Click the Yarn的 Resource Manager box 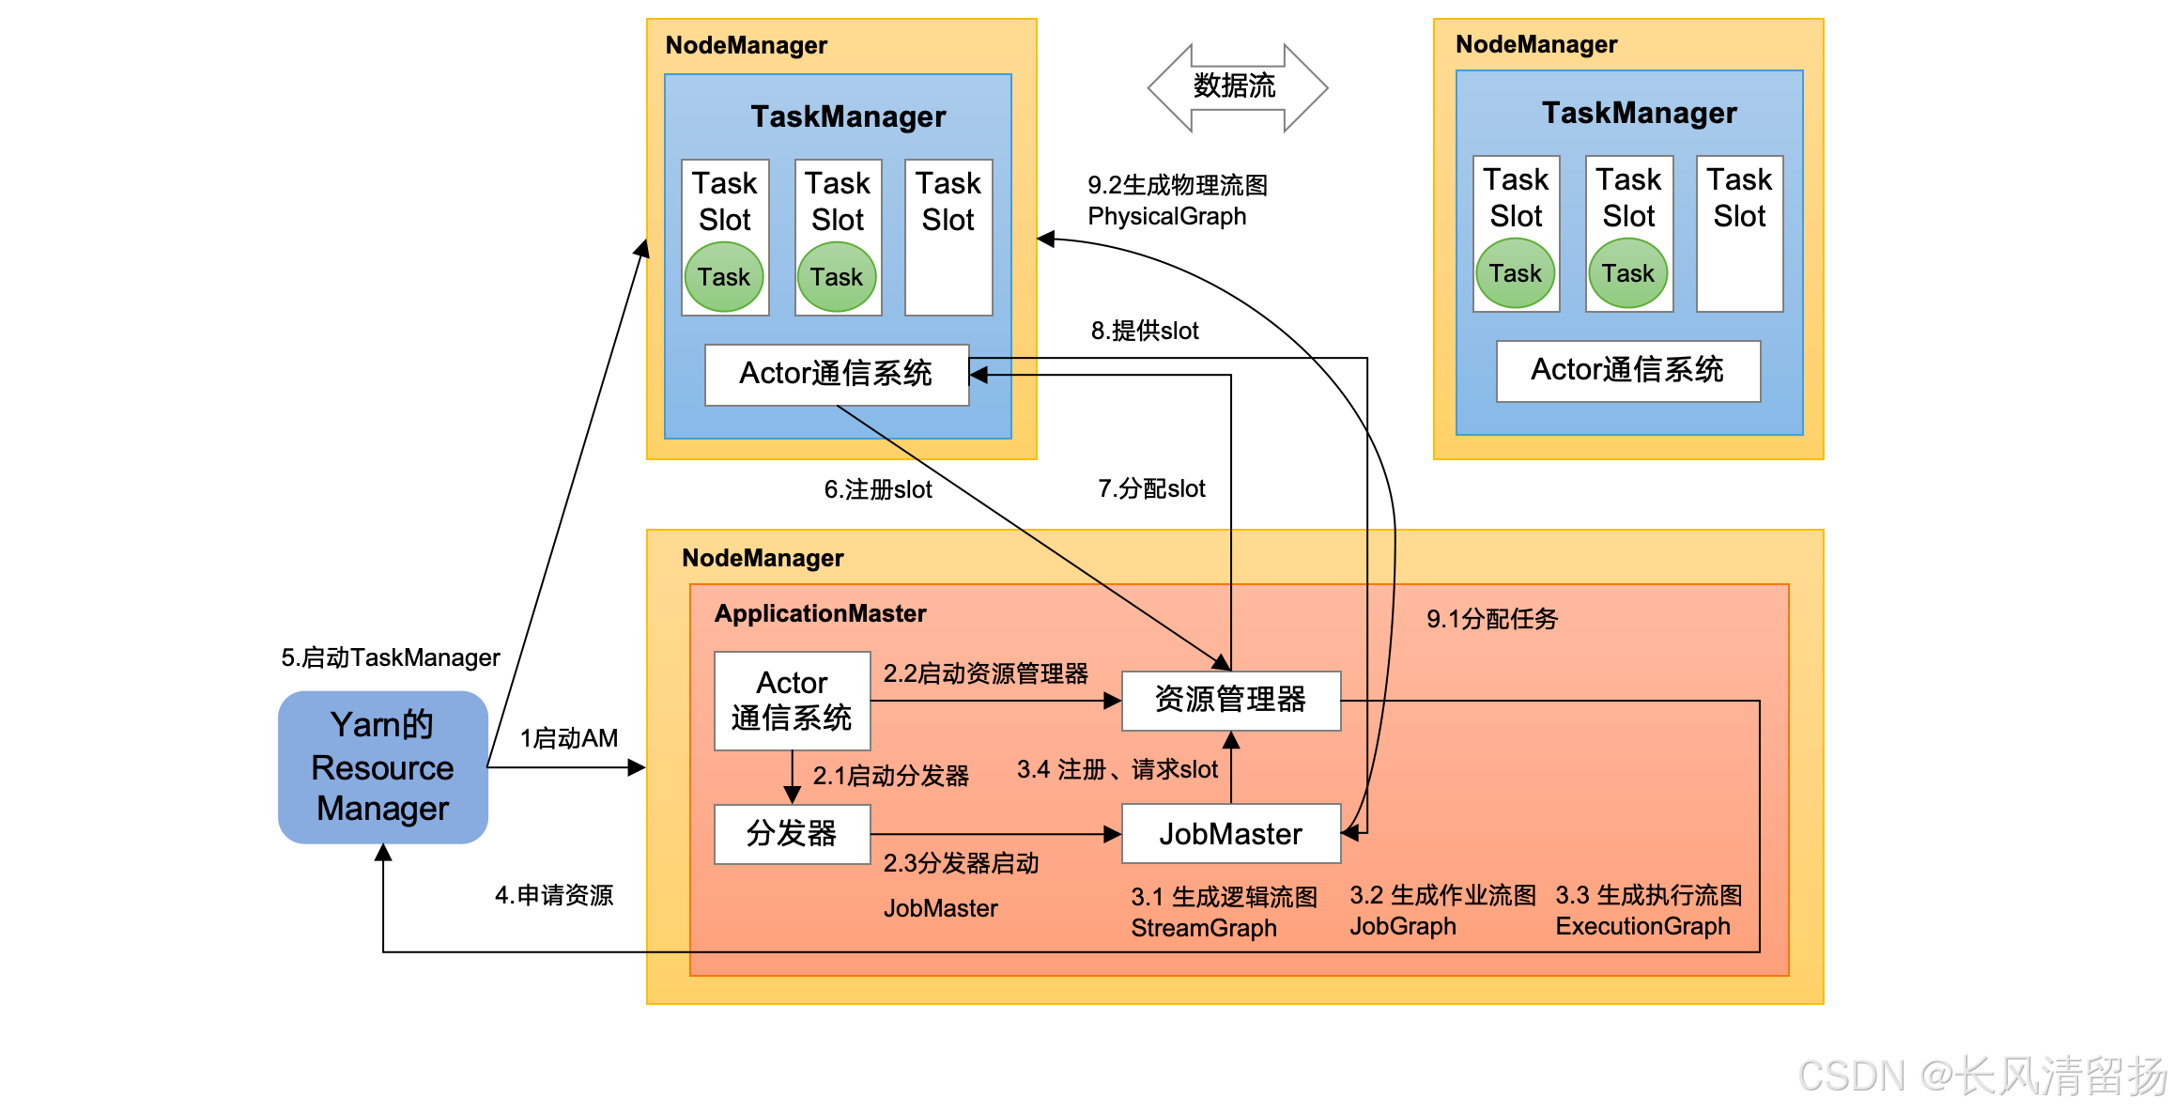[x=383, y=767]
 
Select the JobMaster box [x=1230, y=834]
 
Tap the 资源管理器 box [x=1230, y=700]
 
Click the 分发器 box [x=792, y=834]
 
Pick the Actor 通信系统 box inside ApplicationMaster [x=792, y=701]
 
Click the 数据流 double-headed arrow [x=1236, y=87]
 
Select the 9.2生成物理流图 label [x=1178, y=186]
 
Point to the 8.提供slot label [x=1145, y=331]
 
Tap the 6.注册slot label [x=878, y=489]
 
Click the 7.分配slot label [x=1151, y=488]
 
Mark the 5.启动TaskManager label [x=391, y=657]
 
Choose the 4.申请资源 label [x=554, y=895]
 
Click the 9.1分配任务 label [x=1492, y=619]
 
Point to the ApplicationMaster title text [x=820, y=613]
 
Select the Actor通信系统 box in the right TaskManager [x=1627, y=371]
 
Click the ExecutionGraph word [x=1642, y=926]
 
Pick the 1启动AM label [x=569, y=738]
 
